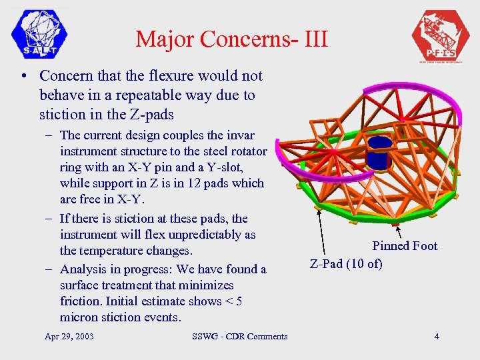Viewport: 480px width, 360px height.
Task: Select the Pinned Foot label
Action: coord(405,246)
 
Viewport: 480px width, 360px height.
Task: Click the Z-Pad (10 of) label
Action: coord(346,263)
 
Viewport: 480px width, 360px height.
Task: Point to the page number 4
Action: coord(437,336)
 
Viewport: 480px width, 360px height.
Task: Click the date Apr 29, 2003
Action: coord(69,336)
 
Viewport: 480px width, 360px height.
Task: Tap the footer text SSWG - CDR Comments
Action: coord(239,336)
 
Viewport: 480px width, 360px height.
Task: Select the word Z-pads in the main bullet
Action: coord(152,114)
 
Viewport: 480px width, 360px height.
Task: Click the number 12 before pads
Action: coord(205,183)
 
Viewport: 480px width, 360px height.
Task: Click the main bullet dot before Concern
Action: coord(24,77)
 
